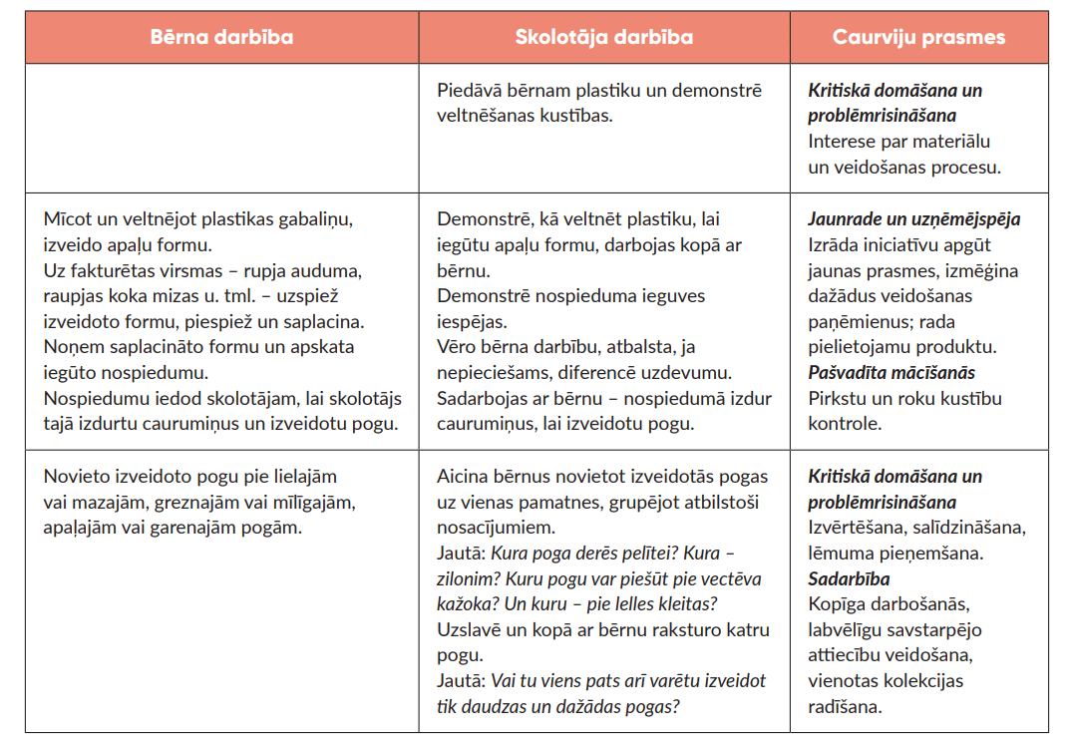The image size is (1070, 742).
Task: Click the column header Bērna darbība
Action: point(221,37)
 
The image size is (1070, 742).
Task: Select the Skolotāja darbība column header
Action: point(603,37)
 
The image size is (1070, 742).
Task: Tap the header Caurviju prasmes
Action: point(918,37)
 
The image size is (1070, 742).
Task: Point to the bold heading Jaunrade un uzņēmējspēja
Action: point(913,218)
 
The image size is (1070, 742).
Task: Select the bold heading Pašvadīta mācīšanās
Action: point(891,372)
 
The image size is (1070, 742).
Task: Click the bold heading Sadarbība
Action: point(849,578)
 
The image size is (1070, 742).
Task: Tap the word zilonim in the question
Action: point(468,578)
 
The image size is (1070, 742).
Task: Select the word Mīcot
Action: point(67,218)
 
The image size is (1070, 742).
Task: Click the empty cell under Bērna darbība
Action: point(221,128)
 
